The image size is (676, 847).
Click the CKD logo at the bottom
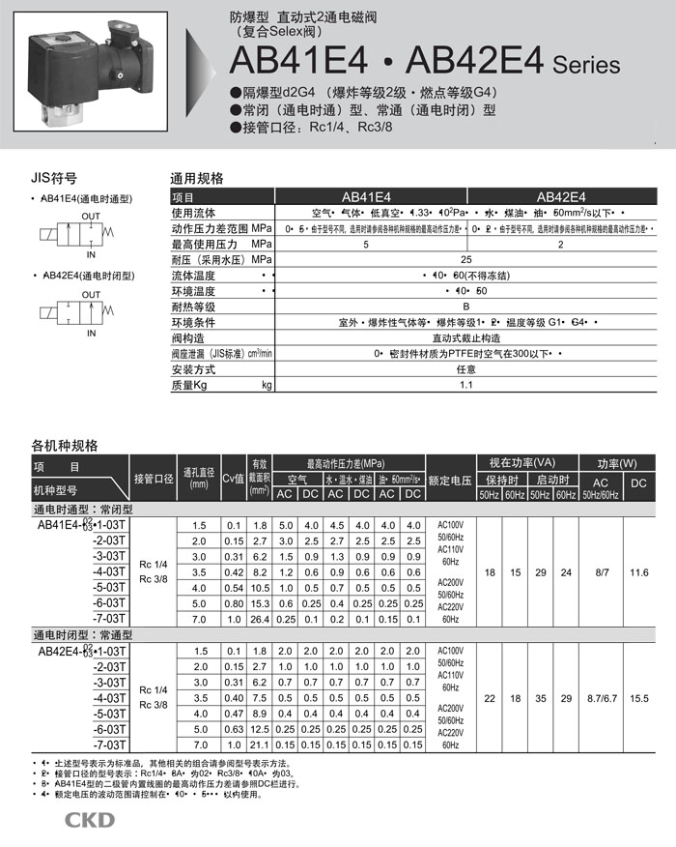click(x=89, y=821)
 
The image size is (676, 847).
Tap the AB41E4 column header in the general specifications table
click(x=366, y=195)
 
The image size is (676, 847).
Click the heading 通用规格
click(x=197, y=179)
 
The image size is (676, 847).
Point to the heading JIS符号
click(x=54, y=179)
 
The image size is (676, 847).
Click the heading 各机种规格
click(x=65, y=446)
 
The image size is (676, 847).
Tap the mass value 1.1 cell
click(x=466, y=385)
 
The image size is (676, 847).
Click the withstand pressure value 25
click(x=466, y=259)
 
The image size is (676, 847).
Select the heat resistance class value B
click(x=466, y=307)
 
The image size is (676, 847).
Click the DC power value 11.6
click(x=638, y=573)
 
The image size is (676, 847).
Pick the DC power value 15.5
click(x=638, y=697)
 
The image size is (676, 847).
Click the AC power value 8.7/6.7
click(x=601, y=697)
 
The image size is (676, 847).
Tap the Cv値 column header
click(x=233, y=480)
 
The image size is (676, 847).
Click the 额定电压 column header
click(x=450, y=480)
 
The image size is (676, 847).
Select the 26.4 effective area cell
click(x=258, y=620)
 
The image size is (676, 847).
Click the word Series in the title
click(x=586, y=66)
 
